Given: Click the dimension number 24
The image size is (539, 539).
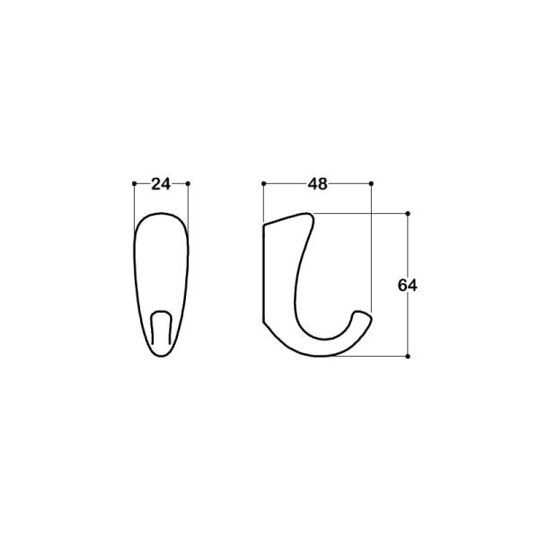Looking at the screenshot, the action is [x=161, y=184].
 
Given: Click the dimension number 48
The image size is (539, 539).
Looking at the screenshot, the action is [x=317, y=184].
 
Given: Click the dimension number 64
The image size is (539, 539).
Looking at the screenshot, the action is [x=407, y=286].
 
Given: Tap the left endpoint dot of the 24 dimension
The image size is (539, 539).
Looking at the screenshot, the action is [x=135, y=184].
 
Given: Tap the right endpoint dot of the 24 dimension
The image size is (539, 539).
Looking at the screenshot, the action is [x=188, y=184].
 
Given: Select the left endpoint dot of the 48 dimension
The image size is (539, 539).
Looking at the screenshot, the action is [x=263, y=184].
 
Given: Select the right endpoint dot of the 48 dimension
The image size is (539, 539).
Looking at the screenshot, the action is [x=371, y=184].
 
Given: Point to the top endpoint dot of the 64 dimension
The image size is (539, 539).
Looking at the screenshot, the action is [x=408, y=214].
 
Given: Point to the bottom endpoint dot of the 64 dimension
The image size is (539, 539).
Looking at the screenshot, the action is [x=408, y=357].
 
